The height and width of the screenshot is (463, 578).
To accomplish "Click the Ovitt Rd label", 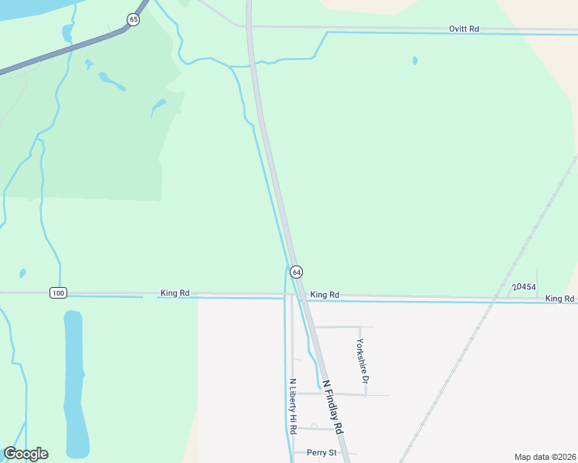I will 464,29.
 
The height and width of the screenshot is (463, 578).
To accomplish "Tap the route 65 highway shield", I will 134,19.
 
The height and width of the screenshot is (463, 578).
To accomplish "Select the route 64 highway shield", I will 296,272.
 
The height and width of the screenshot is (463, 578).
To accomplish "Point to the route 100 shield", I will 58,292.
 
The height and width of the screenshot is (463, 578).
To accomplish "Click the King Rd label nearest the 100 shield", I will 175,293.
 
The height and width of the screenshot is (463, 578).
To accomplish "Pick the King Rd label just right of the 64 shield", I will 325,295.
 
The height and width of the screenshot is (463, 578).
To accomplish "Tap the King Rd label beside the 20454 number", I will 559,299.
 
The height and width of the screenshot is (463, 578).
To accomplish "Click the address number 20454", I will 524,287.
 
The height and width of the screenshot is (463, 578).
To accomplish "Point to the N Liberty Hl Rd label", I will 293,405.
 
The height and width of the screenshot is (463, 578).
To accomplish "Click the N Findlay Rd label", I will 332,406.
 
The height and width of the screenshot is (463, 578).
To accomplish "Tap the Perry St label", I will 321,452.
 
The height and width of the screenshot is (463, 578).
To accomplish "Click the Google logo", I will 25,454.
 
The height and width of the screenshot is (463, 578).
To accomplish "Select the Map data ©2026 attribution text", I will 544,457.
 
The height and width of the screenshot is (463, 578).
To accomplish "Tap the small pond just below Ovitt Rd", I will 415,60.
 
